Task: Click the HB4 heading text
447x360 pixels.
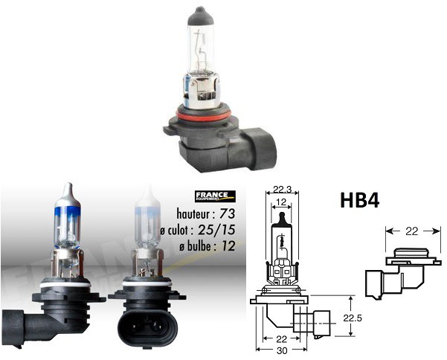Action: point(364,202)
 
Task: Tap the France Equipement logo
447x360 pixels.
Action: point(214,196)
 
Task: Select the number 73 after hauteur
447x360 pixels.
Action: point(223,213)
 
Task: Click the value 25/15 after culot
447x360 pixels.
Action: point(218,229)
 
